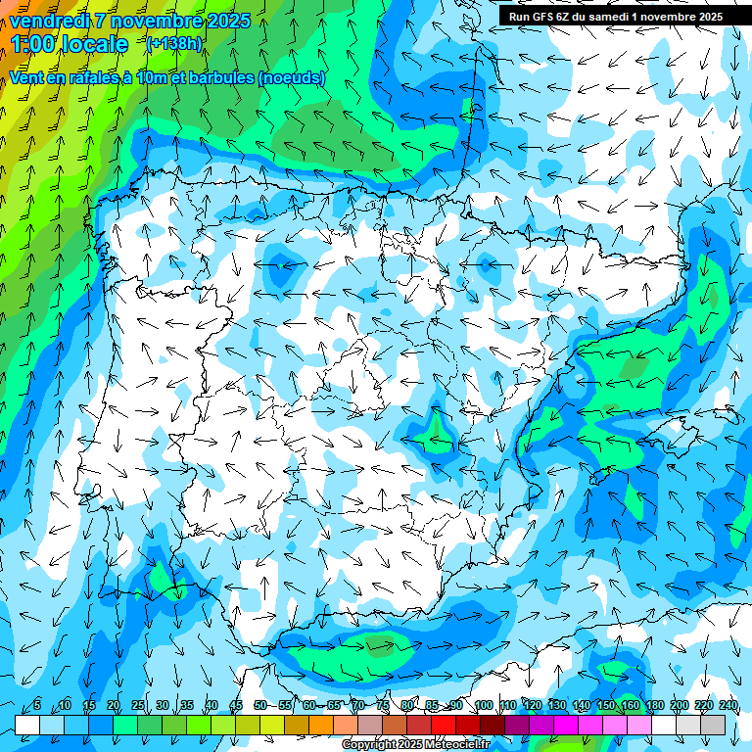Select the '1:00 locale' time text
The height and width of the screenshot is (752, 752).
(69, 44)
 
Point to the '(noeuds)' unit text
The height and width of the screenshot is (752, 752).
(292, 78)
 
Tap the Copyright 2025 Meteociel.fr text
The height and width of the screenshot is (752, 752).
(415, 745)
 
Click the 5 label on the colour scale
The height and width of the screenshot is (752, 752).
(37, 706)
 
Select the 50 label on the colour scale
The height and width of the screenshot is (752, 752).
(259, 706)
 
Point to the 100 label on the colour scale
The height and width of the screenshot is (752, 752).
(483, 706)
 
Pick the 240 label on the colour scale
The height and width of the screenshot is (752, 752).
(728, 706)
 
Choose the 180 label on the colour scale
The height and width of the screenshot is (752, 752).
(654, 706)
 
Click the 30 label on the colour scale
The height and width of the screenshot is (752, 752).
(162, 706)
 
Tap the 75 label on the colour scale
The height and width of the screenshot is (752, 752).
(382, 706)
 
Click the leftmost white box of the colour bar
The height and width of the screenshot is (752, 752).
(27, 725)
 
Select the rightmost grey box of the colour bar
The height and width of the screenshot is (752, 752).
(713, 725)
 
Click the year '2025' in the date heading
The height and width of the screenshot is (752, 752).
(228, 21)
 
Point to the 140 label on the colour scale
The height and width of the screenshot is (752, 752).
(581, 706)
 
